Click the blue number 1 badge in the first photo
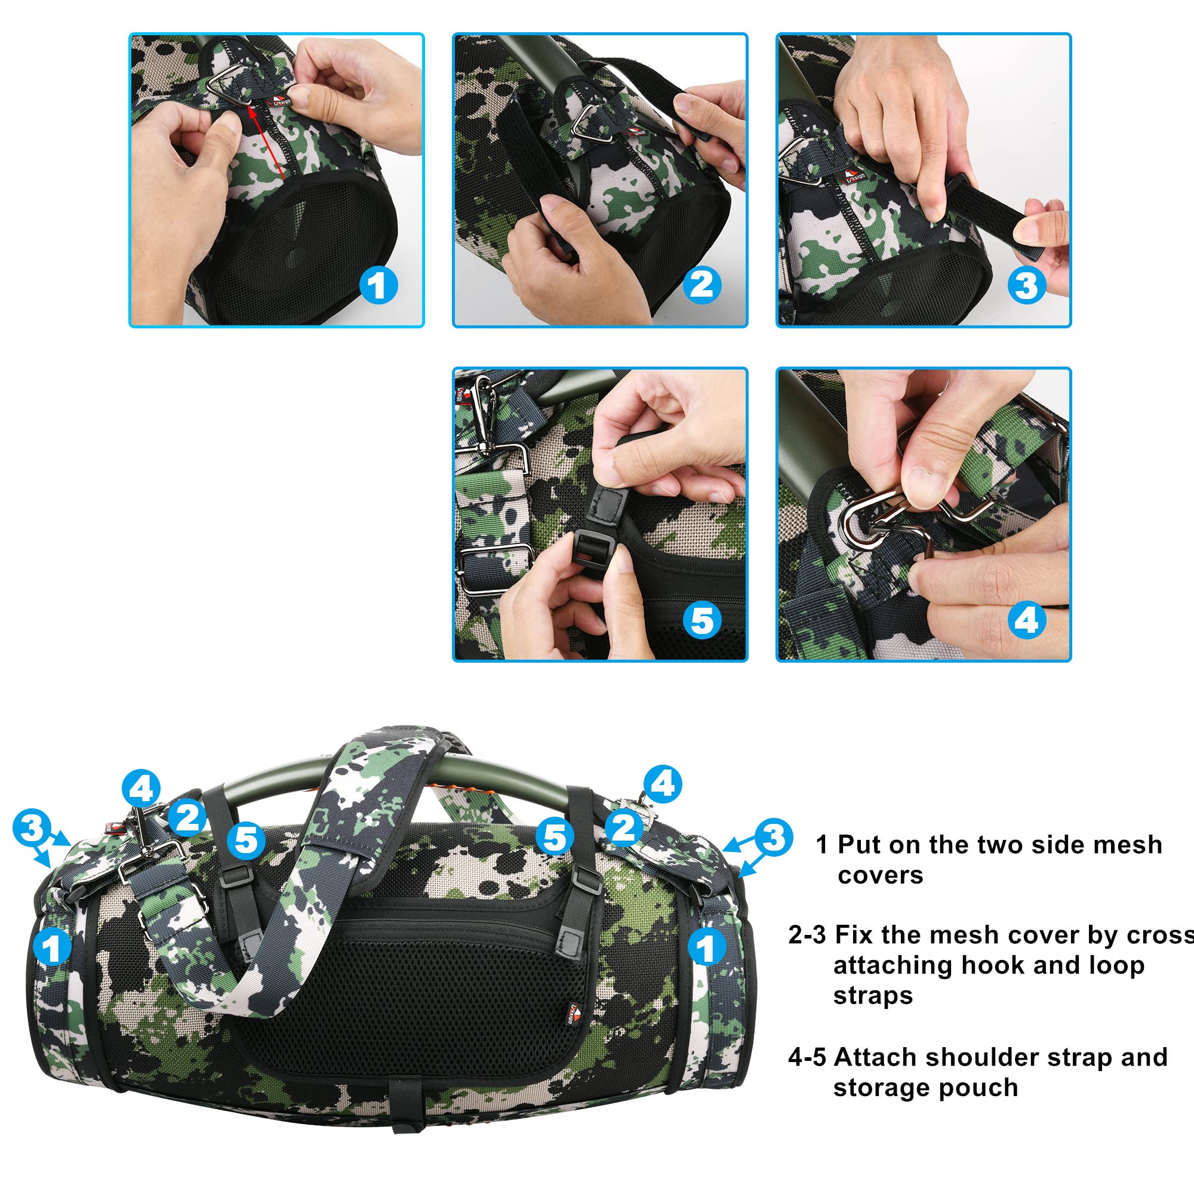[x=378, y=285]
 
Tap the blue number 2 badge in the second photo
[x=701, y=285]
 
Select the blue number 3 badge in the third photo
[x=1026, y=285]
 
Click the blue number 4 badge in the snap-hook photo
[x=1026, y=620]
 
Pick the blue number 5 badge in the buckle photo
[x=703, y=620]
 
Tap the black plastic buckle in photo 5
[x=593, y=547]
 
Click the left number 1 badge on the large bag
[x=53, y=947]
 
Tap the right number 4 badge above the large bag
[x=663, y=784]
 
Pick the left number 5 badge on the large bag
[x=246, y=840]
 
